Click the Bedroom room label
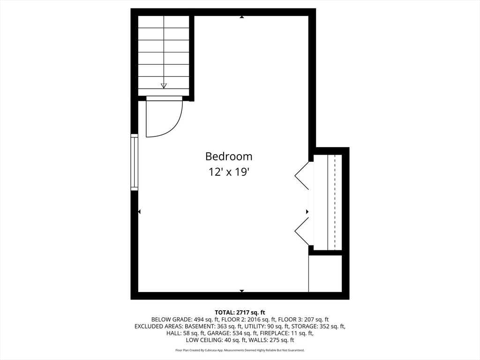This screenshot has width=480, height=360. point(229,156)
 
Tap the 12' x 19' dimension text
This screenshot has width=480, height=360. point(229,172)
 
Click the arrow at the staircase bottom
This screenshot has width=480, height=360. point(164,85)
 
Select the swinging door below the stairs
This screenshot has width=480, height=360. point(164,117)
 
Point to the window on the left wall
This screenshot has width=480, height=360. point(135,162)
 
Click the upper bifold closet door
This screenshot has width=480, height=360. point(302,175)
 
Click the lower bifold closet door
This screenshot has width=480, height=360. point(302,232)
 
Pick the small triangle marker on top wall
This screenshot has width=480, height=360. point(242,17)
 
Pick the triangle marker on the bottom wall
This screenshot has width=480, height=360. point(242,291)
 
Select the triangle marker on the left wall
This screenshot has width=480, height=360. point(139,212)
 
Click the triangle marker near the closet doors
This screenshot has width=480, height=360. point(307,212)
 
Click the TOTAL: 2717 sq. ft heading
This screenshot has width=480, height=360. point(240,312)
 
